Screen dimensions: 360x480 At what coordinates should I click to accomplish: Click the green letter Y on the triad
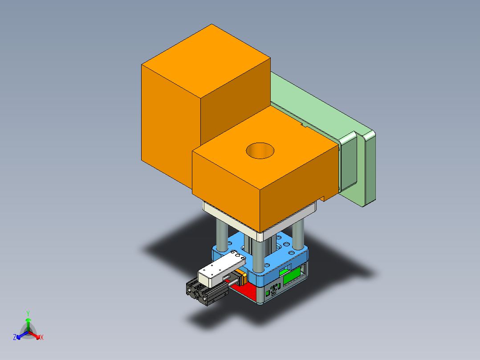click(x=28, y=313)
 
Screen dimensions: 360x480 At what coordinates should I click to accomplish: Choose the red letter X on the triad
click(x=42, y=338)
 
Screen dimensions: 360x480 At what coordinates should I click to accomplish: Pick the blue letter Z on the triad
click(x=15, y=338)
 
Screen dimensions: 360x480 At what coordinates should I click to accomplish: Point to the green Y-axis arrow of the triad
click(x=28, y=323)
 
